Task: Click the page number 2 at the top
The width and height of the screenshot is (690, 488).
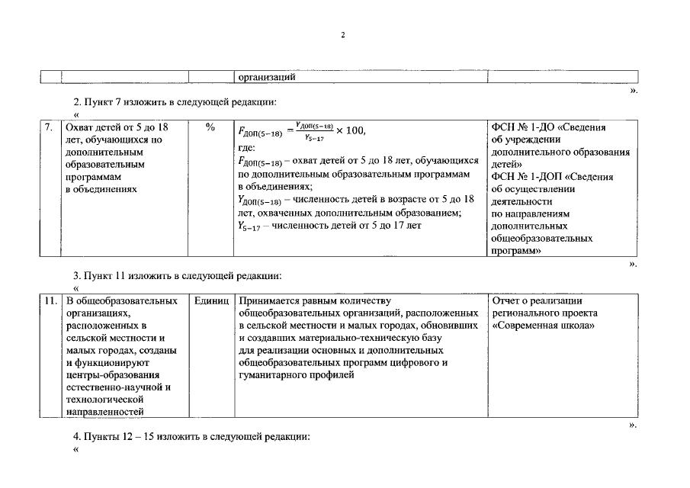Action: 344,36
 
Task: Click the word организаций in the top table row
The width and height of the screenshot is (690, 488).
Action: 266,77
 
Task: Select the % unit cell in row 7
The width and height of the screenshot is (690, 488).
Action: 210,128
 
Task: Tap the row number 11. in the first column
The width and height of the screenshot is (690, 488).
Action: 50,301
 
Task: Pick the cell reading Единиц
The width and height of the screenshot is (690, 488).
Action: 211,301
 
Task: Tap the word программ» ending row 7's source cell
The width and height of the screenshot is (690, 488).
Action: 517,250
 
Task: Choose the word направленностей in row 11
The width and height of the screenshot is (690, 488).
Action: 105,412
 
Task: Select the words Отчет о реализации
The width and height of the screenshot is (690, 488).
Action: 538,301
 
